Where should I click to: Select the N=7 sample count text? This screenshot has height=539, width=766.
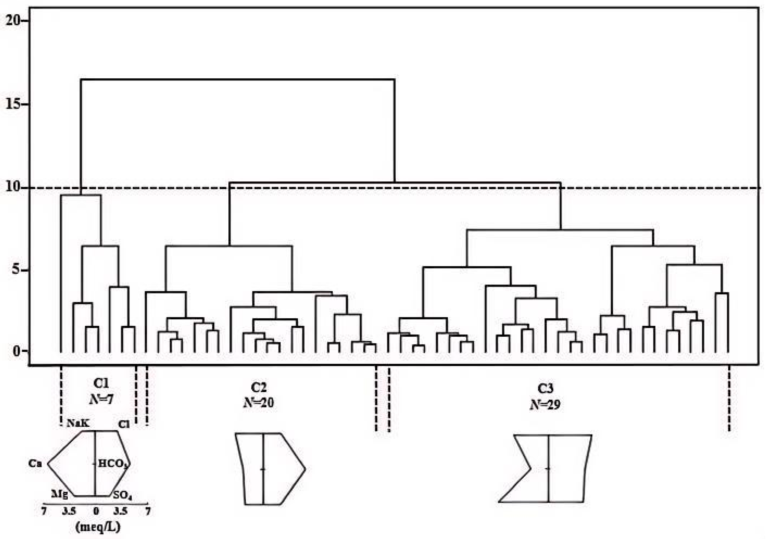click(101, 399)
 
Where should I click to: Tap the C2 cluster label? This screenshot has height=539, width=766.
click(259, 387)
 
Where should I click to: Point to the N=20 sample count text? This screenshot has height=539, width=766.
click(259, 403)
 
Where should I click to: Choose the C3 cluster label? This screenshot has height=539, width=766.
click(545, 389)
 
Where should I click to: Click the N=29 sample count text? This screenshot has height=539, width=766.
click(545, 404)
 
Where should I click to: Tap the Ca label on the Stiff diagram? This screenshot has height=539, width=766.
click(35, 463)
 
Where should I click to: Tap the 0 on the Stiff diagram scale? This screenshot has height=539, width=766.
click(96, 511)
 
